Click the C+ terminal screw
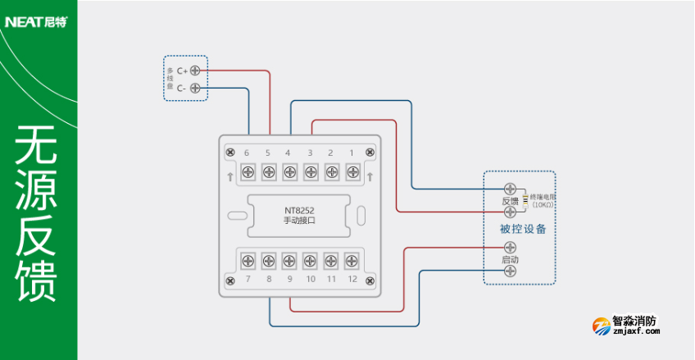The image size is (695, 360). tap(195, 71)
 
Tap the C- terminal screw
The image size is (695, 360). tap(195, 88)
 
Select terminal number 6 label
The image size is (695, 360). tap(247, 153)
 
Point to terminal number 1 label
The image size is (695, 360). tap(352, 153)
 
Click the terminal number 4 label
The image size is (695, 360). tap(288, 153)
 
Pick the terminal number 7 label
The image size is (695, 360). tap(247, 280)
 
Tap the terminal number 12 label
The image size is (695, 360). tap(352, 280)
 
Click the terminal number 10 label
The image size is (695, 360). tap(311, 280)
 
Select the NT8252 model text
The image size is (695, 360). tap(299, 210)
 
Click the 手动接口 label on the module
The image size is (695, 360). tap(299, 221)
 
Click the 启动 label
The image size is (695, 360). tap(510, 260)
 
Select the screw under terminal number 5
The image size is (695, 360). tap(268, 171)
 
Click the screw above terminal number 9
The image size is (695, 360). tap(289, 261)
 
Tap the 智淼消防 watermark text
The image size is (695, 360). tap(634, 322)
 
